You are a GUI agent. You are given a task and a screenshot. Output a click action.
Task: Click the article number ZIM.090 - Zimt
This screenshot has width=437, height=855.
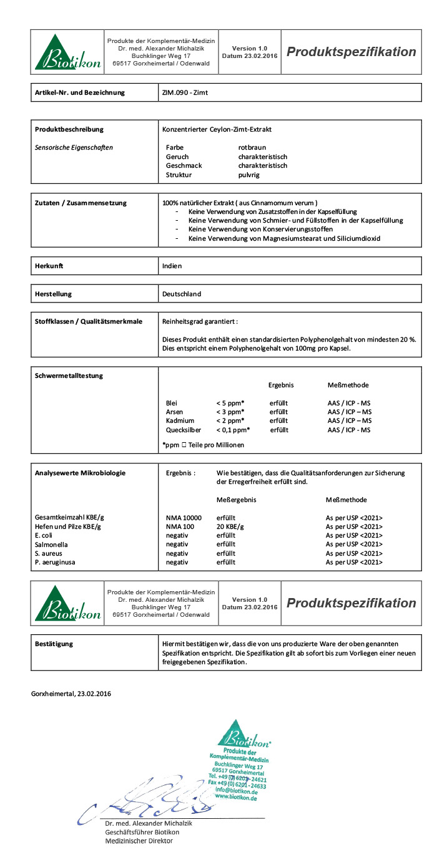click(x=185, y=93)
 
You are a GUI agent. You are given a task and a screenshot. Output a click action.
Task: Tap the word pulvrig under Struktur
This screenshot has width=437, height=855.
click(x=248, y=175)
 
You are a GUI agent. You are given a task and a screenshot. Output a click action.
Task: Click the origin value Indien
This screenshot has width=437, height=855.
click(x=172, y=266)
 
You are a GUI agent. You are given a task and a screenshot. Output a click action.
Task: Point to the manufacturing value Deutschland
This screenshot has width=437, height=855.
click(x=182, y=294)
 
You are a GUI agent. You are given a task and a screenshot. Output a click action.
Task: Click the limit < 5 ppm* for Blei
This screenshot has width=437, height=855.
click(x=230, y=403)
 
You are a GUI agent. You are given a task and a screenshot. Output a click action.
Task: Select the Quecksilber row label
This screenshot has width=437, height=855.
click(x=183, y=430)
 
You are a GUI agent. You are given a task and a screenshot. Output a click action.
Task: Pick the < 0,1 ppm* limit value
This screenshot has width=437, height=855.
click(x=233, y=430)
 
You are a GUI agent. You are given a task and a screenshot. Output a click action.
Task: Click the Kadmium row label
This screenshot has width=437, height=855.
click(x=179, y=421)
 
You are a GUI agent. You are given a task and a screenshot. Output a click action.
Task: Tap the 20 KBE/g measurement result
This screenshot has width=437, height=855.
click(x=230, y=527)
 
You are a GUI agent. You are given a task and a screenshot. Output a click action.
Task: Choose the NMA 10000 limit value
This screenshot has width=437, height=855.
click(x=184, y=518)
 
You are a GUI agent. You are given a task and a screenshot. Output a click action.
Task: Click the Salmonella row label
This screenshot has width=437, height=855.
click(x=51, y=544)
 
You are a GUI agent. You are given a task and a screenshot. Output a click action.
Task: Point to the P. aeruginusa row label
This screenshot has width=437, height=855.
click(x=55, y=563)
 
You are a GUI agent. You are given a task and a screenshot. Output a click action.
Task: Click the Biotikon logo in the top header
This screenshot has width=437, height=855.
click(x=67, y=52)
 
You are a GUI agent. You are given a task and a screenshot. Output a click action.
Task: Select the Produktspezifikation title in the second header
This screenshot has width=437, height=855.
click(x=351, y=603)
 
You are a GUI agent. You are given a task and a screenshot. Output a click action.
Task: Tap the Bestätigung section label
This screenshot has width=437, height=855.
click(x=54, y=644)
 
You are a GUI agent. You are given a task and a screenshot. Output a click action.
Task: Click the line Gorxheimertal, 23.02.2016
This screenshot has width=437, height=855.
click(x=71, y=693)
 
